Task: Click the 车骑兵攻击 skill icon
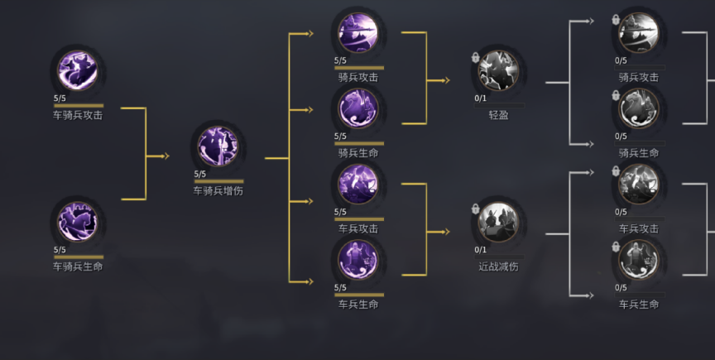(77, 70)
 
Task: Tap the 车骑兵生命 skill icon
(77, 222)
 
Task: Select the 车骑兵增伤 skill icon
(218, 146)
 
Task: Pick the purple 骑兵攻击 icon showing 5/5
(358, 33)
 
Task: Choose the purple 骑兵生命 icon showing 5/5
(358, 108)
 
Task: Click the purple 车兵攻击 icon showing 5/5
(358, 185)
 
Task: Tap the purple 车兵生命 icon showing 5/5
(358, 260)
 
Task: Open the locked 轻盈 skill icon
(498, 70)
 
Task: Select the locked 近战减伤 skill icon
(498, 222)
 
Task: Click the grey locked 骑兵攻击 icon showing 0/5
(638, 33)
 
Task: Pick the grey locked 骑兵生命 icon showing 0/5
(638, 108)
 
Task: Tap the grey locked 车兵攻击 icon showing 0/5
(638, 185)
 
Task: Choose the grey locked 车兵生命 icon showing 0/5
(638, 260)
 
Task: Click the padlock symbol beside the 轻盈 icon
(475, 57)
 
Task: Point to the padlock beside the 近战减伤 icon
(475, 209)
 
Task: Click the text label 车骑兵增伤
(218, 191)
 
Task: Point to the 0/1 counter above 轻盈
(480, 98)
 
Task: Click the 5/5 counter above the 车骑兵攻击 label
(60, 98)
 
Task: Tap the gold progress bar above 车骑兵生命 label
(79, 257)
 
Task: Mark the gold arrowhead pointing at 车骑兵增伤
(166, 156)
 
